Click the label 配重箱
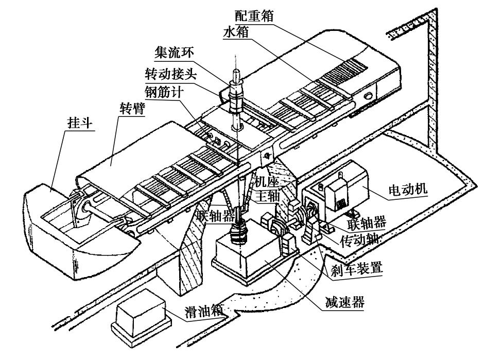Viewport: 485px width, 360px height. pos(254,16)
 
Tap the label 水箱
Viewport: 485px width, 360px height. pos(236,31)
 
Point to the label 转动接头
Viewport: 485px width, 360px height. pos(171,74)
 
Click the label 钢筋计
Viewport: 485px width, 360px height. pos(164,92)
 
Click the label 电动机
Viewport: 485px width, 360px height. pos(408,188)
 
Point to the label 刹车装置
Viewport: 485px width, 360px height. pos(357,268)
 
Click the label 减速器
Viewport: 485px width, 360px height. pos(344,302)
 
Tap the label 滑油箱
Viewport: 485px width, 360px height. pos(204,312)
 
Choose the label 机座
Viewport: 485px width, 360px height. pos(267,182)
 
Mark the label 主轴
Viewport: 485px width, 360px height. pos(268,196)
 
